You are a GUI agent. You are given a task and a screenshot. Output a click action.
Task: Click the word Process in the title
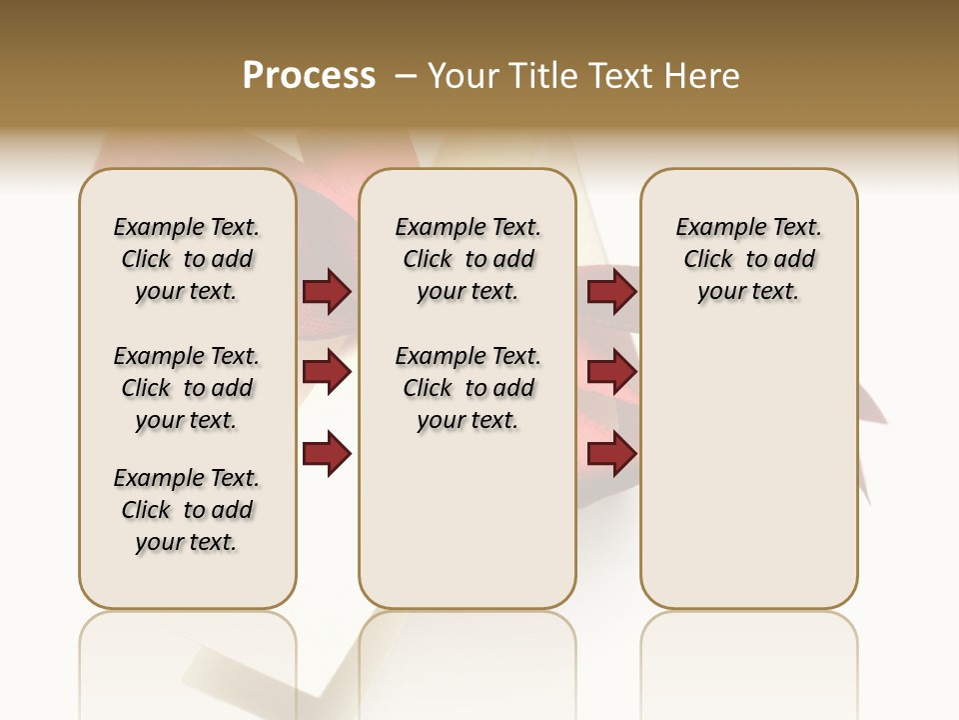click(x=309, y=76)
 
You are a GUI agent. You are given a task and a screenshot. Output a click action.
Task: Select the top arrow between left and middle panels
click(x=327, y=291)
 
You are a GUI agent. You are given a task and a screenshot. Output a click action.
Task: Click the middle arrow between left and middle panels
click(x=327, y=372)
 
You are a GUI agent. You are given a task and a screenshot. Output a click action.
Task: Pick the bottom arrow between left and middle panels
click(x=327, y=454)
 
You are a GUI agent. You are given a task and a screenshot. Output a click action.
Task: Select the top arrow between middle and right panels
click(x=611, y=291)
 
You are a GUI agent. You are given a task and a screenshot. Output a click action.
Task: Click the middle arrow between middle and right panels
click(x=611, y=372)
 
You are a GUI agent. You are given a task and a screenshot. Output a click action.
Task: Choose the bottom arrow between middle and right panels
click(x=611, y=454)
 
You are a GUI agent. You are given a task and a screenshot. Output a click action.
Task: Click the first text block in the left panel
click(x=187, y=259)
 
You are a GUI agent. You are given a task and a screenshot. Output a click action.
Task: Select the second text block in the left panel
click(x=187, y=388)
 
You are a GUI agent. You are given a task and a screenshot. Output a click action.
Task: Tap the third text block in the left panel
click(x=187, y=510)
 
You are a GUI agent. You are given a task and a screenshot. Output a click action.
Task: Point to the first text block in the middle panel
click(x=469, y=259)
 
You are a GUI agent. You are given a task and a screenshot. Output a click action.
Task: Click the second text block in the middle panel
click(x=469, y=388)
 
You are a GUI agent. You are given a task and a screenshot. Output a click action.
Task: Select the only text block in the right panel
click(x=749, y=259)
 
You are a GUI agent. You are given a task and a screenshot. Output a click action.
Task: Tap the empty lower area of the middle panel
click(x=468, y=520)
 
